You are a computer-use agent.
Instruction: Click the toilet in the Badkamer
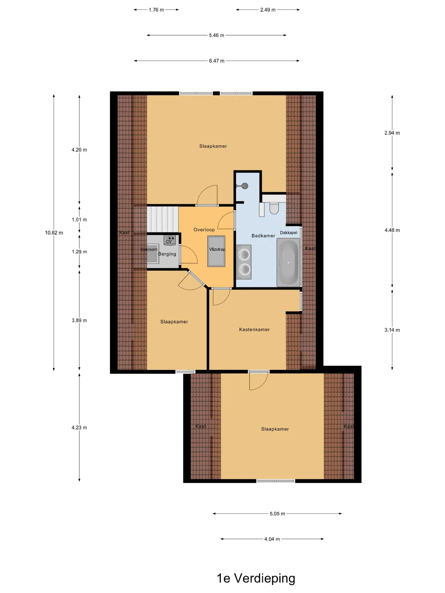coord(274,208)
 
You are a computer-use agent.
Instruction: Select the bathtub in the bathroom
coord(288,262)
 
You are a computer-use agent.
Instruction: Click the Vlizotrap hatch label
coord(217,249)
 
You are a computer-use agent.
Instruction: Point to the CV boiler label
coord(169,242)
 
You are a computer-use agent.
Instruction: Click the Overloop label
coord(204,229)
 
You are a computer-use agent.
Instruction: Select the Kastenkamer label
coord(254,330)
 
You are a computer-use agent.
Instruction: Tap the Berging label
coord(167,254)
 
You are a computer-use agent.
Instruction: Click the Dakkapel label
coord(289,233)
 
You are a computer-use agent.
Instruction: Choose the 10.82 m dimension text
coord(54,233)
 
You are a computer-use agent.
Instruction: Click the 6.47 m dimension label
coord(217,61)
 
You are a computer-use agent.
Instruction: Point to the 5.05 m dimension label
coord(277,514)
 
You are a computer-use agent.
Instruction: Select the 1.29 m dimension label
coord(79,252)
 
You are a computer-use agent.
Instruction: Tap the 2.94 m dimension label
coord(392,133)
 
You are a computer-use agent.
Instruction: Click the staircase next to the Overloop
coord(163,219)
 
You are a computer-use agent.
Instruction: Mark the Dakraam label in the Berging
coord(149,249)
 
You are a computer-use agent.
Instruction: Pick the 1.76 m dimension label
coord(156,10)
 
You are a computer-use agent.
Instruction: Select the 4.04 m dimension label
coord(272,539)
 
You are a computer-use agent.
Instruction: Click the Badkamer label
coord(263,236)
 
